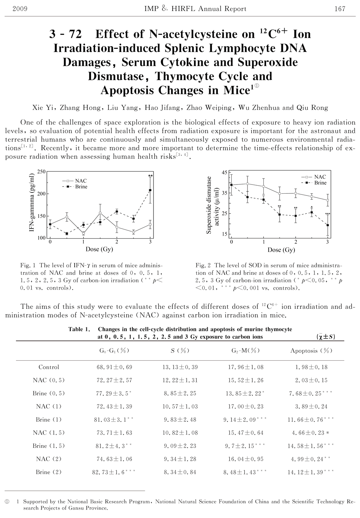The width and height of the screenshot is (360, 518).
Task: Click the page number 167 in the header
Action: click(340, 9)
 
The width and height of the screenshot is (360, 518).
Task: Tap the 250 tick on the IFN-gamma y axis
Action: click(41, 172)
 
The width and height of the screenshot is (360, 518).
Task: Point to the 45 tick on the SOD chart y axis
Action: click(224, 173)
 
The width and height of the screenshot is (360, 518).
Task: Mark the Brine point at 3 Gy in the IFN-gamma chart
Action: click(150, 190)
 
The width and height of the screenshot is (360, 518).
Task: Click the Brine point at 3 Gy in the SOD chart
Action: click(327, 225)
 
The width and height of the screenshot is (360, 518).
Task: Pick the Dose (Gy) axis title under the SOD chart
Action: click(281, 250)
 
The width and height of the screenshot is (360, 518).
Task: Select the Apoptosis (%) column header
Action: click(311, 351)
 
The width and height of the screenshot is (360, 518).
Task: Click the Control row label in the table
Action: click(49, 367)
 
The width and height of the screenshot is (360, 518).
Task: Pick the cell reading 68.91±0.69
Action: click(114, 367)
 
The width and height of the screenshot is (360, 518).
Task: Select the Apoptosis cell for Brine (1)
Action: click(311, 419)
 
